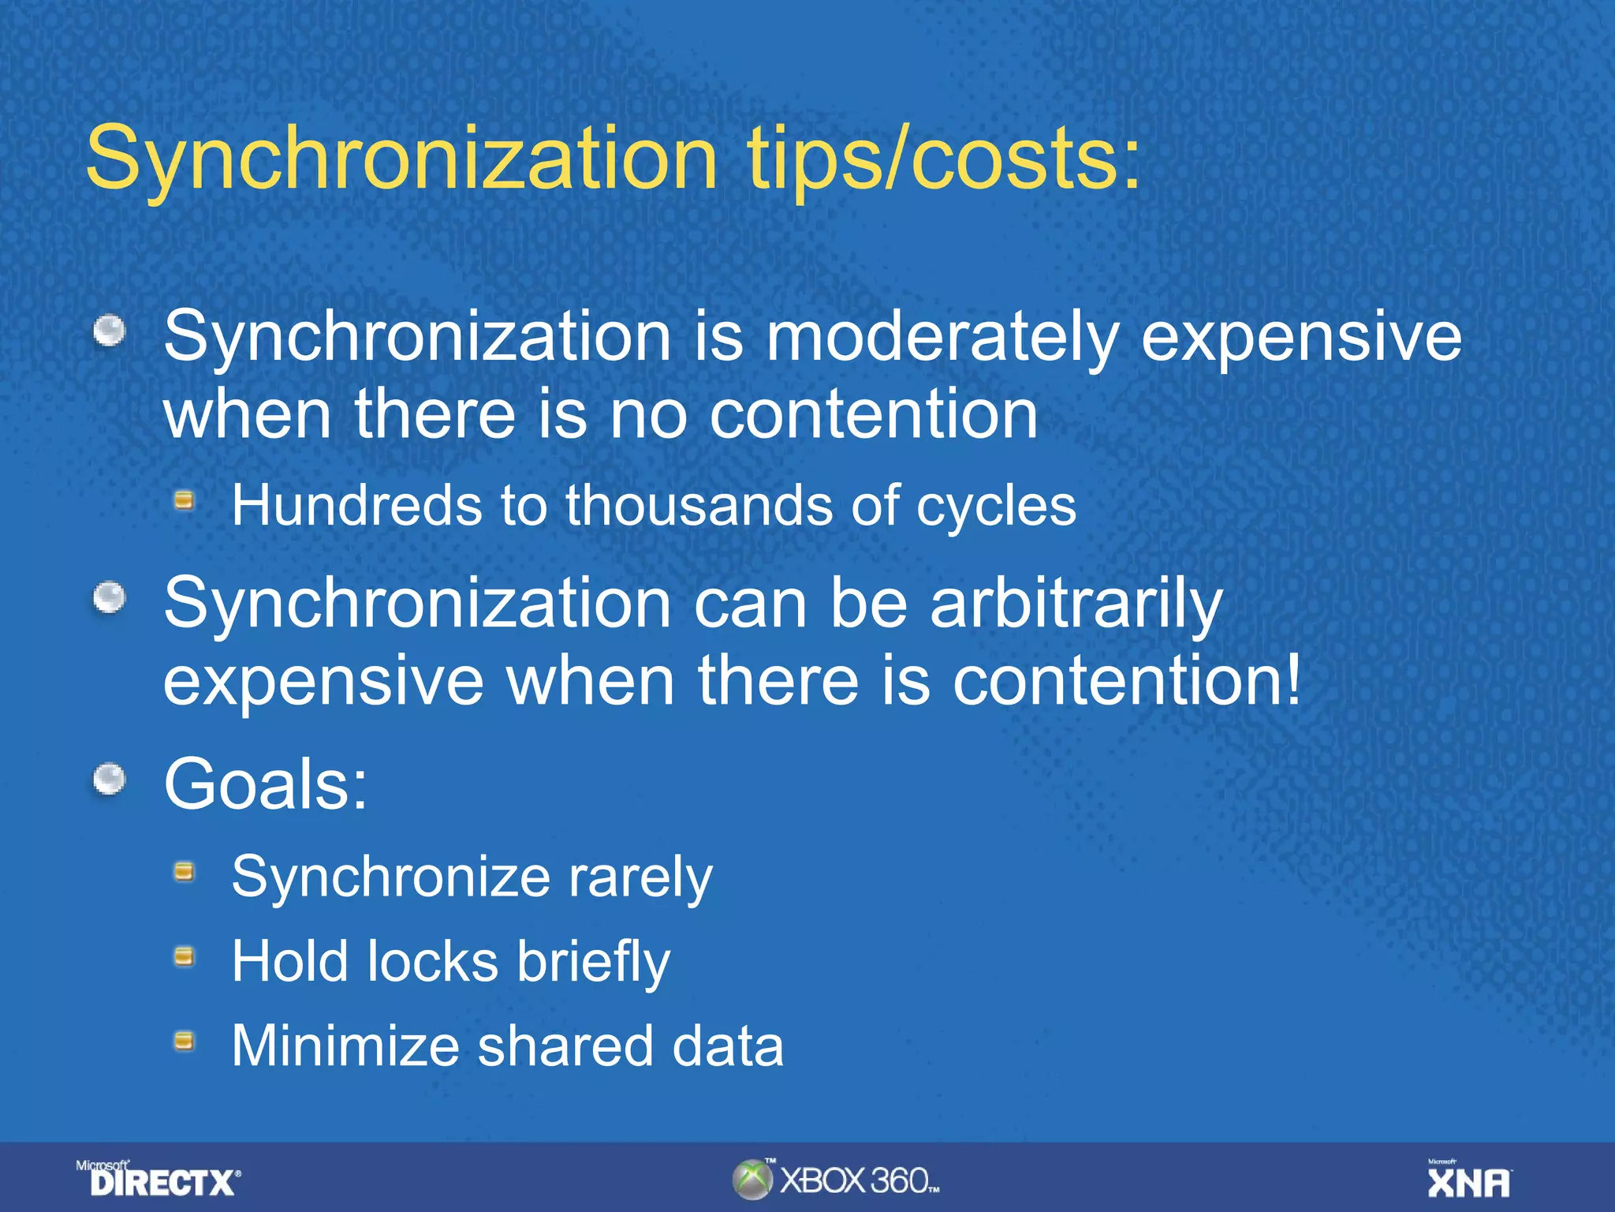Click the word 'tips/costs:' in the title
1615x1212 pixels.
[943, 159]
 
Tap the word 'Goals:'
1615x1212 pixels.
[266, 784]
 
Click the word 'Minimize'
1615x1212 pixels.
[345, 1046]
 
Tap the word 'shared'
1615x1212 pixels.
[565, 1046]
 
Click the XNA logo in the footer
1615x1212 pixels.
[1468, 1180]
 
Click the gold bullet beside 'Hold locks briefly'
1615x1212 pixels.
[184, 957]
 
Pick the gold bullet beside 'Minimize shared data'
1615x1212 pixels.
[184, 1042]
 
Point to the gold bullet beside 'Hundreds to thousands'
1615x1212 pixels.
[184, 500]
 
